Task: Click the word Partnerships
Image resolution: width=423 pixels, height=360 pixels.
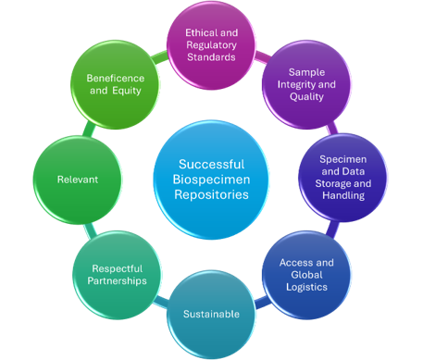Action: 111,280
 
